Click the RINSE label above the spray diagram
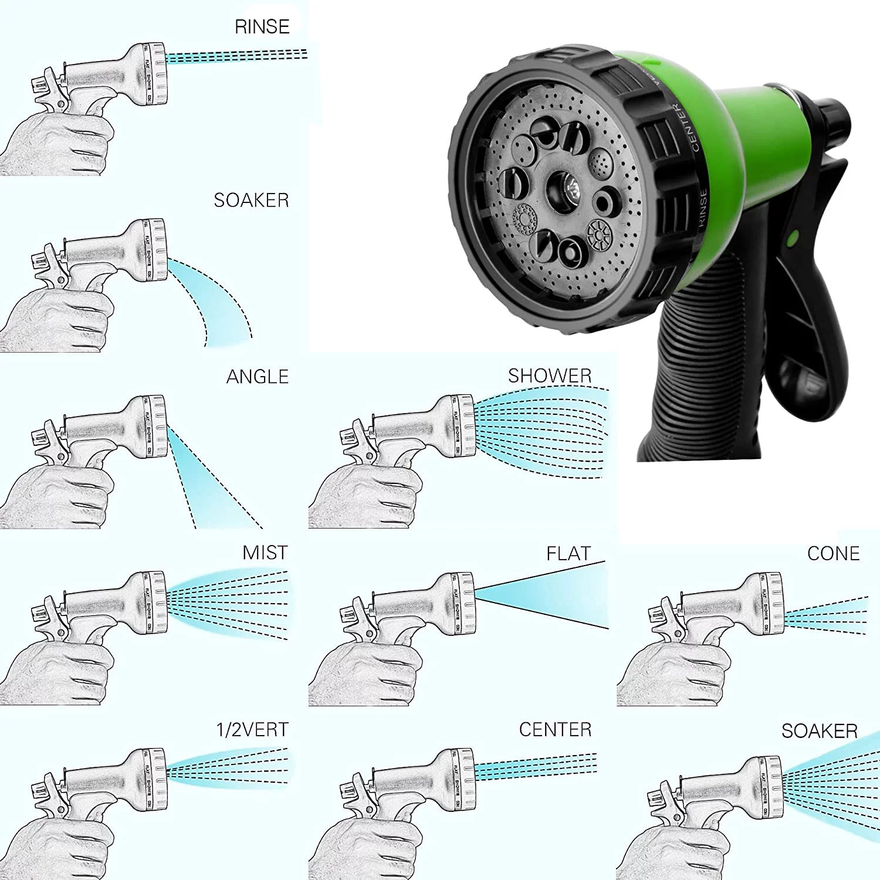tap(262, 27)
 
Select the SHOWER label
tap(550, 376)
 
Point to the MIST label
tap(265, 553)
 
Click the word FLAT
tap(568, 554)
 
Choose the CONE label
tap(833, 554)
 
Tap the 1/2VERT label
tap(252, 730)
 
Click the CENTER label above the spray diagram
tap(555, 730)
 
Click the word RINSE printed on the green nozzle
tap(702, 208)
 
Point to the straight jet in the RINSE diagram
tap(235, 56)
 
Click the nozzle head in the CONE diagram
tap(769, 604)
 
